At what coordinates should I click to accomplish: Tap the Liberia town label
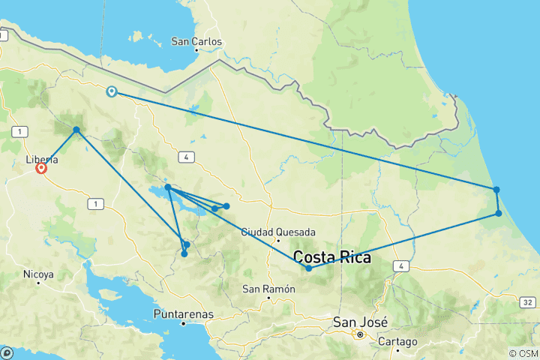point(41,160)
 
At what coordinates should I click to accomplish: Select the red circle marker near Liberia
point(41,169)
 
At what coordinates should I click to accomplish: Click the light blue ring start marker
point(112,91)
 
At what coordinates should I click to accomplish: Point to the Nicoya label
point(38,274)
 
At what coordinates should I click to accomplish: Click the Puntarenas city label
point(184,313)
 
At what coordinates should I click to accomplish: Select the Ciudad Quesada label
point(278,232)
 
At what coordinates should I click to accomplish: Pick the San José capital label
point(361,322)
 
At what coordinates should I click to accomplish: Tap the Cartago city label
point(398,341)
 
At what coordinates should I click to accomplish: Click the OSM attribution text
point(523,353)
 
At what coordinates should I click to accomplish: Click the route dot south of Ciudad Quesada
point(308,268)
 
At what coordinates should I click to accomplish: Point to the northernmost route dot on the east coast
point(496,190)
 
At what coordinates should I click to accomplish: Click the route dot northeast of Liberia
point(76,130)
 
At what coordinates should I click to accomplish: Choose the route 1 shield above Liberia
point(16,132)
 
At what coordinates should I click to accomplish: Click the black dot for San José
point(360,334)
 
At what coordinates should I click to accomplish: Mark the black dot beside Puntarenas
point(184,323)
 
